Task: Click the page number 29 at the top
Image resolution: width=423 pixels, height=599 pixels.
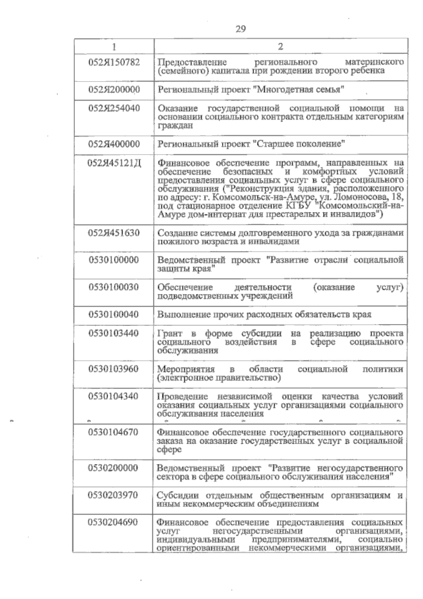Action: (241, 29)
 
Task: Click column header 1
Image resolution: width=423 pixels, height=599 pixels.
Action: (114, 47)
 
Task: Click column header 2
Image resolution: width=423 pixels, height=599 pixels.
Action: (281, 47)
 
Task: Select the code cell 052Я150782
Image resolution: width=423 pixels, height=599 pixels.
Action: (114, 62)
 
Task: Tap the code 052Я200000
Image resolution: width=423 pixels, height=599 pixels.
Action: (114, 90)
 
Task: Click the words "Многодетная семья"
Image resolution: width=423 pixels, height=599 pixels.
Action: (299, 90)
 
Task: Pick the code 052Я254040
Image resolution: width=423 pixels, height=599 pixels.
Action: (114, 108)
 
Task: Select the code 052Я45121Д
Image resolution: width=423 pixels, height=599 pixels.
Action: (115, 163)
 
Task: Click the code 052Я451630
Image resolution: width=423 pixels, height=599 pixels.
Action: (114, 233)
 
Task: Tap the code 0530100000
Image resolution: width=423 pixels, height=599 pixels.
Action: (114, 260)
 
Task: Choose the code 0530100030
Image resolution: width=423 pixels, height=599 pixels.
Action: (114, 287)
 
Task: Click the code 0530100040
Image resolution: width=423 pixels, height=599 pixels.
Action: (114, 314)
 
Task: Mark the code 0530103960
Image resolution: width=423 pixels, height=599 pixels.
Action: (114, 369)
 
